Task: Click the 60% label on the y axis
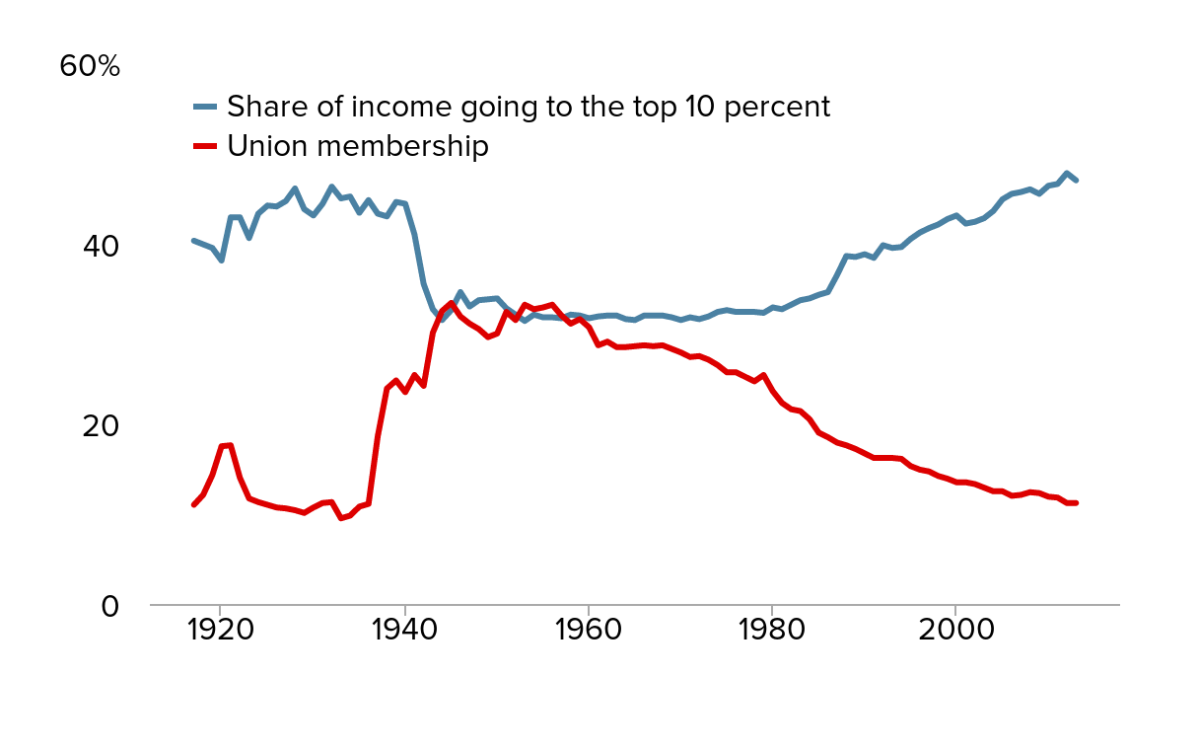[90, 66]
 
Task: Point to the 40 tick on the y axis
[100, 246]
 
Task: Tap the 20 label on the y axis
[100, 425]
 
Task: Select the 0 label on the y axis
[109, 605]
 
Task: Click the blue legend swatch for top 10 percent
[204, 107]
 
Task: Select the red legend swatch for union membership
[204, 146]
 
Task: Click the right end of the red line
[1077, 503]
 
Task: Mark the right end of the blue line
[1077, 181]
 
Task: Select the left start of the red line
[193, 505]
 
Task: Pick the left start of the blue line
[193, 240]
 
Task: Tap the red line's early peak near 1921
[230, 445]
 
